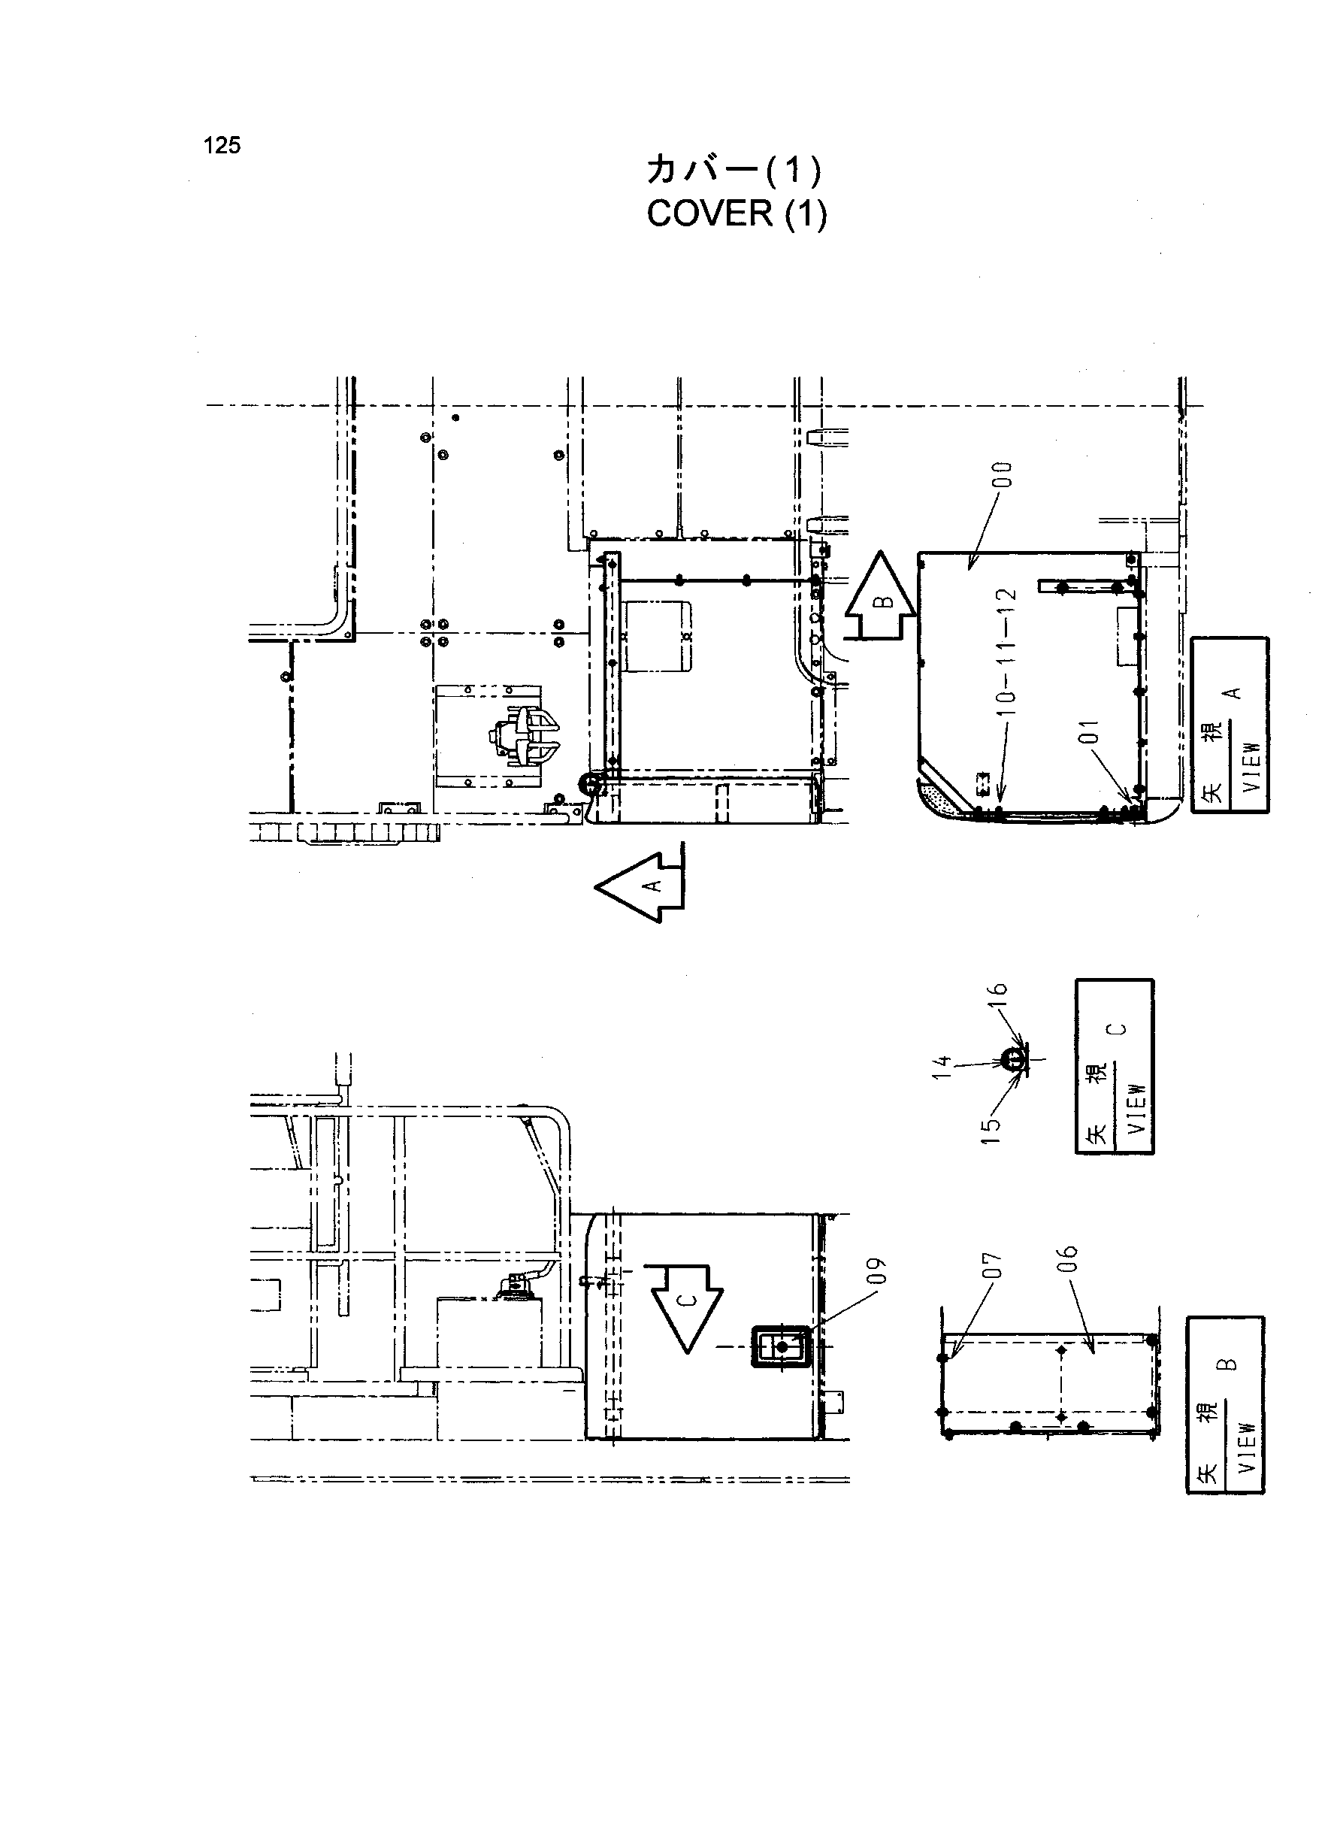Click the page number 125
pos(222,146)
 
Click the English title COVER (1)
pos(737,213)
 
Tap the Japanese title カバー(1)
pos(734,170)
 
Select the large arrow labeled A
pos(640,886)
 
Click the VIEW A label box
pos(1230,725)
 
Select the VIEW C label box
pos(1115,1066)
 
